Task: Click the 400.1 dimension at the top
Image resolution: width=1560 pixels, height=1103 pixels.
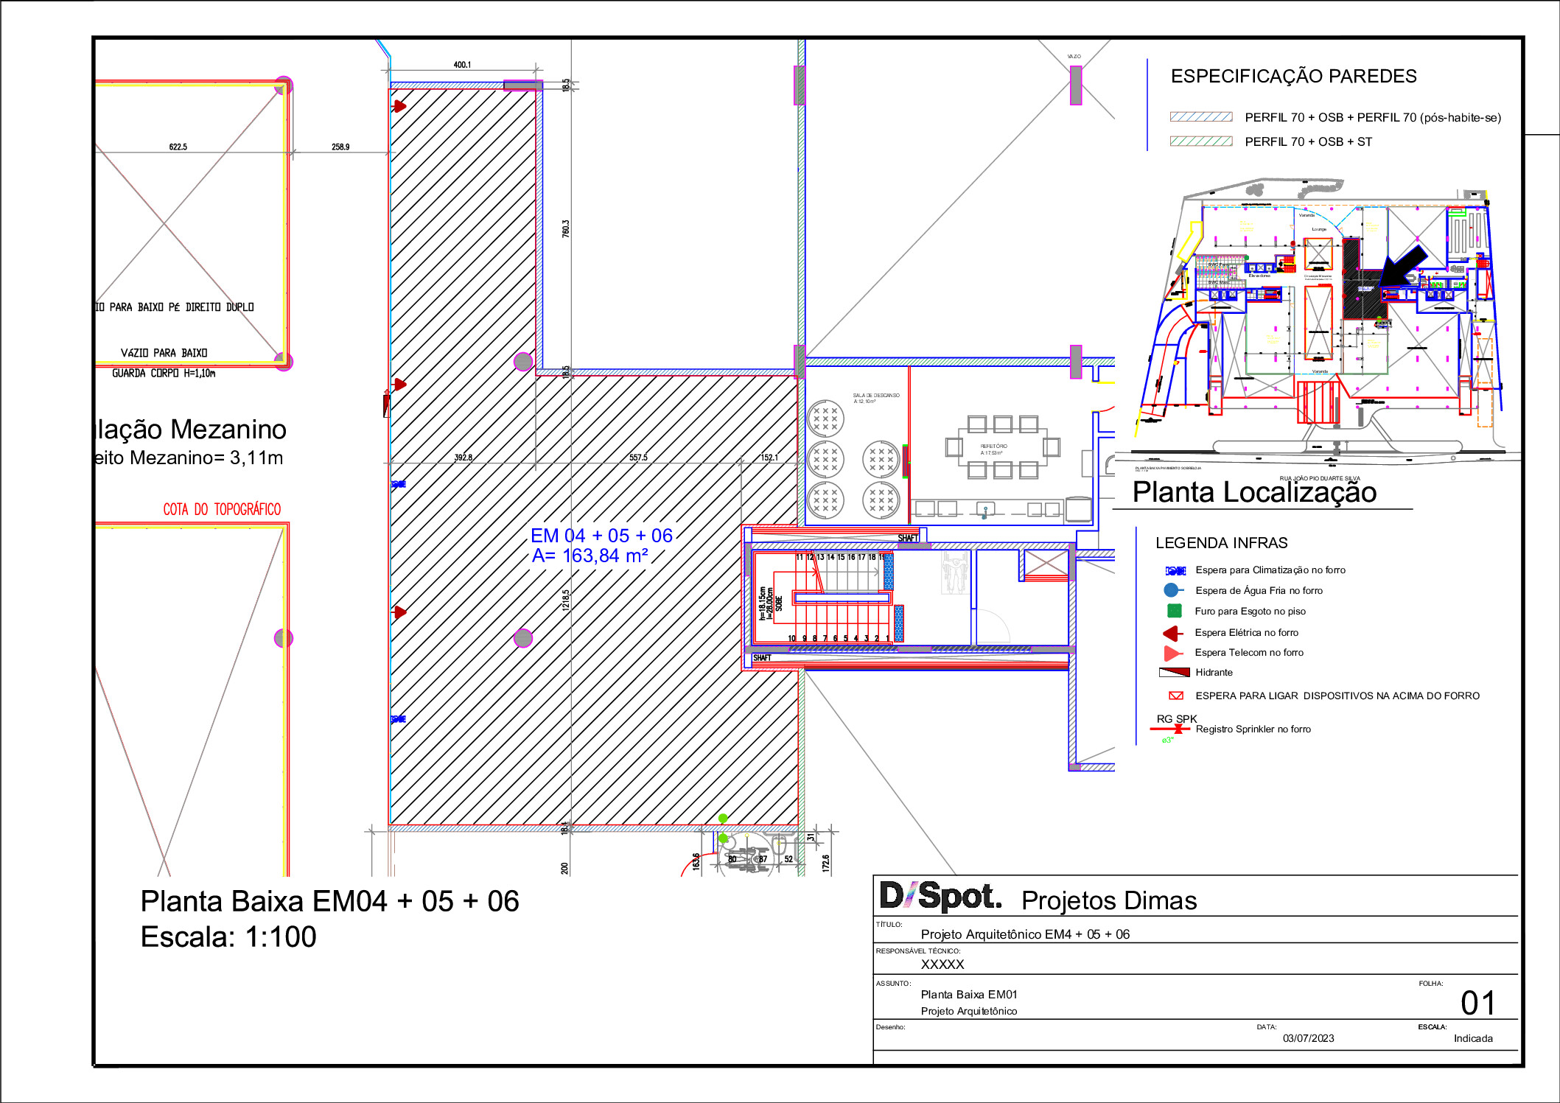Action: (462, 65)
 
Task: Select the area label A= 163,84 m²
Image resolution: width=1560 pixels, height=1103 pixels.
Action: (590, 556)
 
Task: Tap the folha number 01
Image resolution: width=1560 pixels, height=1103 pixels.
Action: (1477, 1004)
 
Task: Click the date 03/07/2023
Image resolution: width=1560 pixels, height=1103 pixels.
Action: (1308, 1038)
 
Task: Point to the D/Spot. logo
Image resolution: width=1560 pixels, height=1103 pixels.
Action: (940, 897)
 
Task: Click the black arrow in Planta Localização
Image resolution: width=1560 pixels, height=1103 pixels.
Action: (1404, 267)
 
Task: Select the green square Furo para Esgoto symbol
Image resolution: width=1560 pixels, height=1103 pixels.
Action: (1175, 611)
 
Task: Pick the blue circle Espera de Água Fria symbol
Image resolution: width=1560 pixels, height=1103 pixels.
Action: (1171, 590)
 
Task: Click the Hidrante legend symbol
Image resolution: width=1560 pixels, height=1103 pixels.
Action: (1175, 672)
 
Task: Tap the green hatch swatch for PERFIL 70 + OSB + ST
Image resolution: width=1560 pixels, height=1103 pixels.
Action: (1201, 141)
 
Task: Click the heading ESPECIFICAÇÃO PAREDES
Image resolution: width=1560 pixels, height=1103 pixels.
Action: (1293, 77)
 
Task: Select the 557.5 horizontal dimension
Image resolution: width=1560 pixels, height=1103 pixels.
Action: (638, 458)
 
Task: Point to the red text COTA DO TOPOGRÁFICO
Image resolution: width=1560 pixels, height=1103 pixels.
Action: (222, 509)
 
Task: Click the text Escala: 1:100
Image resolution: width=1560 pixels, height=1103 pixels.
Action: (228, 937)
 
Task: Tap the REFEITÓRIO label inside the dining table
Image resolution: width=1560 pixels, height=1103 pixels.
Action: (993, 447)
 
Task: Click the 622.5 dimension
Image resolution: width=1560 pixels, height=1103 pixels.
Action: (178, 147)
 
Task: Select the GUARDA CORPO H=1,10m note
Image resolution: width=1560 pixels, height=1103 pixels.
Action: (164, 374)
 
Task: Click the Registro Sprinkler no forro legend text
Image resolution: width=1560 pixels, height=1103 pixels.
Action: (1253, 729)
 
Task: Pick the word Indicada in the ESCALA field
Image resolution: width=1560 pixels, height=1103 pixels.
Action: (1472, 1038)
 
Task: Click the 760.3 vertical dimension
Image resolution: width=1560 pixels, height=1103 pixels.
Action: (566, 228)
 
